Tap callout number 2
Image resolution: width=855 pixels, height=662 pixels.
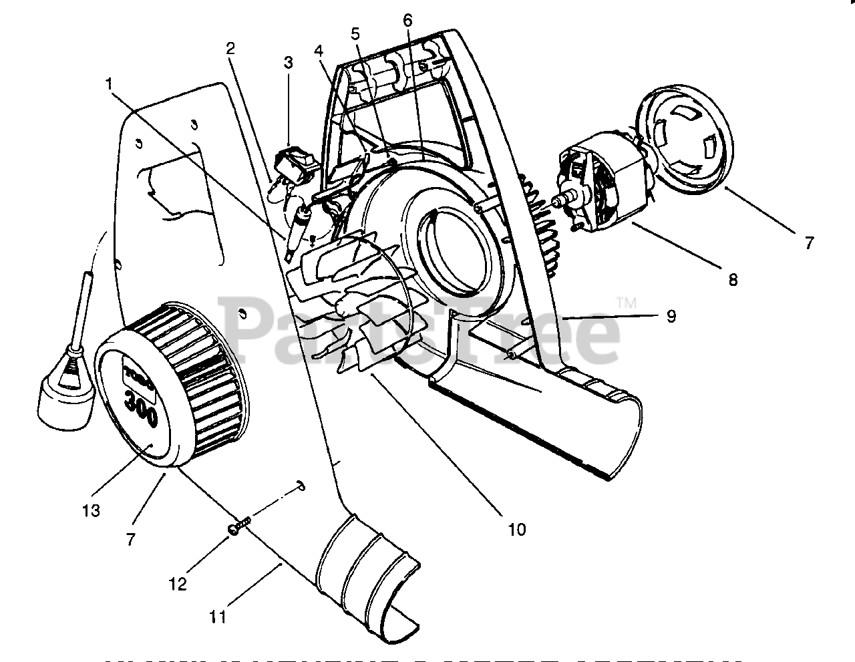[x=230, y=48]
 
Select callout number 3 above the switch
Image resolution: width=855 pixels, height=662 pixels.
[x=288, y=63]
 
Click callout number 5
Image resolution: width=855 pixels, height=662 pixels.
[x=355, y=33]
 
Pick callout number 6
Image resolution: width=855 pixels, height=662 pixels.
[x=407, y=20]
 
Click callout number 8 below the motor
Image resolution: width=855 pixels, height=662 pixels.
[x=733, y=281]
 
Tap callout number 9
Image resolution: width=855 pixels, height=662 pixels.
[x=671, y=315]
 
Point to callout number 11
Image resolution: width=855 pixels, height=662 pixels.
[x=218, y=616]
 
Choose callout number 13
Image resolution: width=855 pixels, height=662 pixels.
[x=92, y=511]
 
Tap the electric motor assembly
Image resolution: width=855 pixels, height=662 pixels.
[x=601, y=190]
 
